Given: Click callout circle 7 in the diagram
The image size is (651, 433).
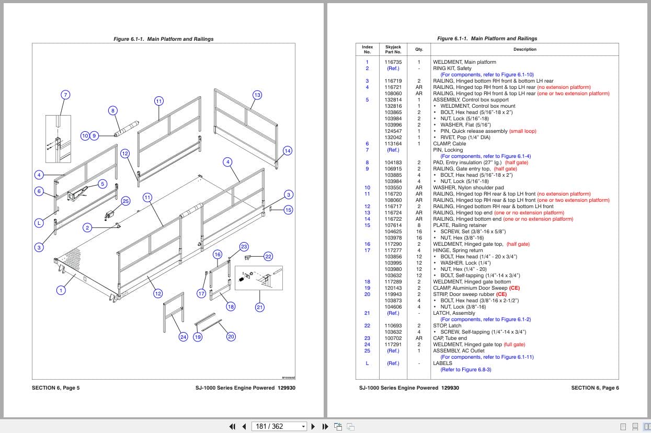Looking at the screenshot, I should tap(65, 95).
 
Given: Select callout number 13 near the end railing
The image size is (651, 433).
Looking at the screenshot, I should tap(257, 95).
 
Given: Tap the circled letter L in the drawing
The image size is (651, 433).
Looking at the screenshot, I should tap(38, 223).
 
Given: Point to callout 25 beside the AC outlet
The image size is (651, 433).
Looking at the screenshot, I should tap(125, 201).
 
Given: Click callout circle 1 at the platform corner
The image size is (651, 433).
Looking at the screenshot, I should tap(61, 290).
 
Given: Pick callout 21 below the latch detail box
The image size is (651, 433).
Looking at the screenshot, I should tap(260, 307).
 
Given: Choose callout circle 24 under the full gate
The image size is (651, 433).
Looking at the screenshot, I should tap(183, 337).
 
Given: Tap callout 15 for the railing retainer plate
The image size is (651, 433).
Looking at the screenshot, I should tap(288, 210).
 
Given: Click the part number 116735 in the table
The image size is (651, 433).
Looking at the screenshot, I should tap(393, 62).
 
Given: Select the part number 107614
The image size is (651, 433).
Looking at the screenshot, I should tap(393, 225).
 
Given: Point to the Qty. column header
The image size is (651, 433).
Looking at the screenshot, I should tap(419, 50).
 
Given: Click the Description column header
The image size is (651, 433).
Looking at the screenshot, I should tap(524, 50).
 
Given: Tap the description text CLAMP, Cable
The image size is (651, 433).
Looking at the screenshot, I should tap(449, 144).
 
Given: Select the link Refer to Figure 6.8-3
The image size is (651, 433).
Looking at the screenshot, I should tap(465, 370).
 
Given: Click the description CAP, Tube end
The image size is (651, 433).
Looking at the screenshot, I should tap(451, 338).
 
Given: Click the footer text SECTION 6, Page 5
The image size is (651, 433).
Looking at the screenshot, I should tap(55, 388).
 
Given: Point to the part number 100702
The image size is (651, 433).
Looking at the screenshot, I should tap(393, 338).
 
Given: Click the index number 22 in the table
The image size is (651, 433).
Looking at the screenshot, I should tap(367, 326).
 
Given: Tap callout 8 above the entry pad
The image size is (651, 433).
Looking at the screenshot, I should tap(112, 110).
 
